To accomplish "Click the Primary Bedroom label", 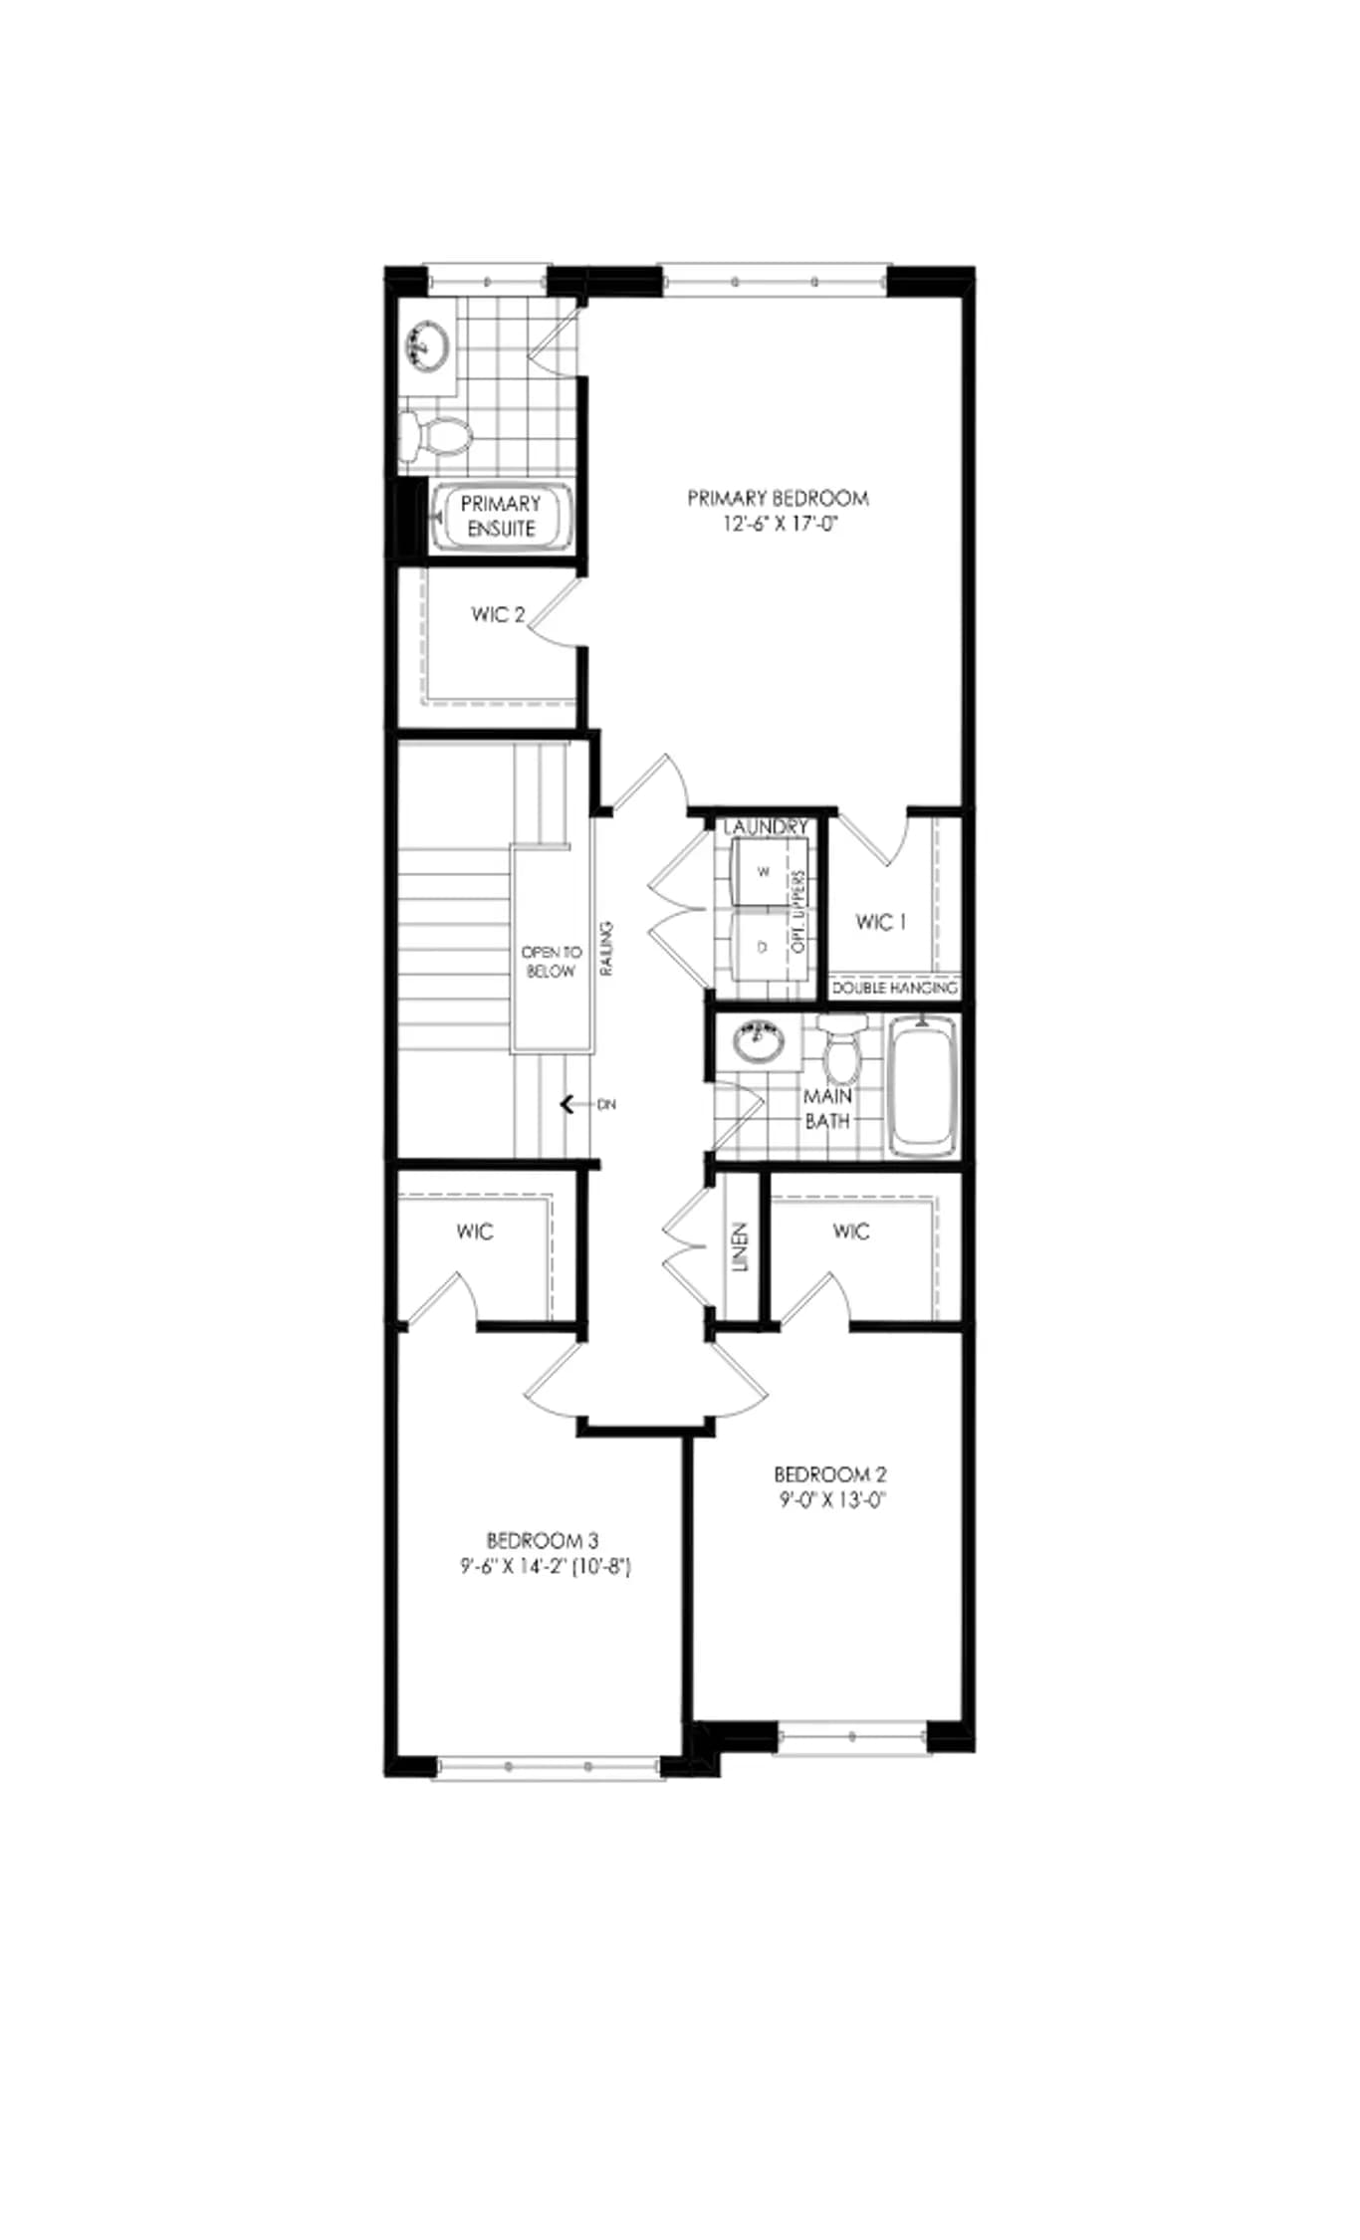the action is click(x=778, y=498).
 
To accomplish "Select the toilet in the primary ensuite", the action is click(x=435, y=436).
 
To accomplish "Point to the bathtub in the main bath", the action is click(x=922, y=1084).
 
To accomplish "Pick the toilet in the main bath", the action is click(x=843, y=1049).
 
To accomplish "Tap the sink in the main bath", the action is click(x=759, y=1040).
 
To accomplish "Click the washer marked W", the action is click(x=764, y=871).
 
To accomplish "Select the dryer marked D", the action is click(x=764, y=947).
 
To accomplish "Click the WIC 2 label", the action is click(x=498, y=614).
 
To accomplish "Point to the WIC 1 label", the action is click(x=881, y=922).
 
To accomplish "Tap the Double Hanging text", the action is click(x=894, y=989).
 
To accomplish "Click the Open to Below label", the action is click(x=552, y=962).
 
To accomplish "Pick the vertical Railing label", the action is click(x=606, y=948).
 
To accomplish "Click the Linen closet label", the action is click(x=740, y=1247).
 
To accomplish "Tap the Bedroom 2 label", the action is click(x=830, y=1474).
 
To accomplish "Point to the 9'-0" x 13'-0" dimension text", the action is click(x=832, y=1500).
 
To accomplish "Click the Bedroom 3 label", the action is click(x=543, y=1540).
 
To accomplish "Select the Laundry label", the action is click(x=766, y=827).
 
